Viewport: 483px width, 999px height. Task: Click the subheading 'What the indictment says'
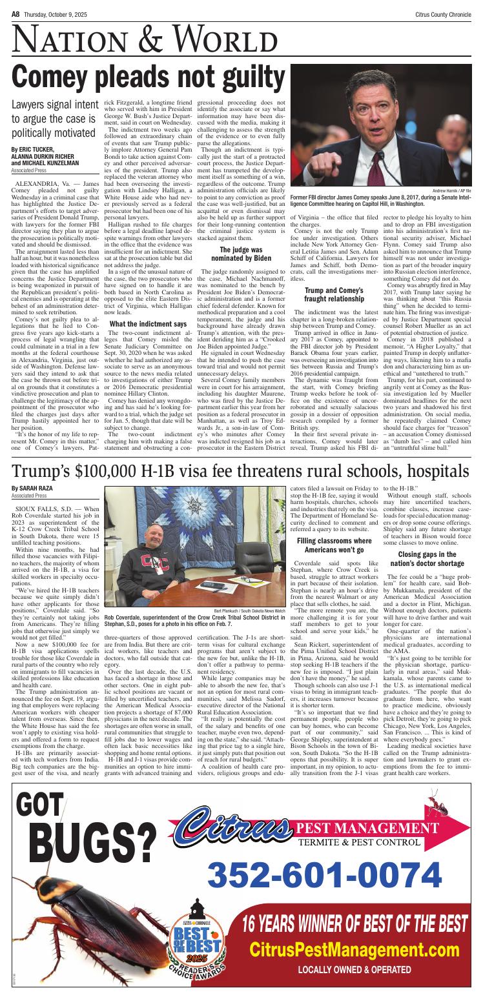click(x=149, y=323)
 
